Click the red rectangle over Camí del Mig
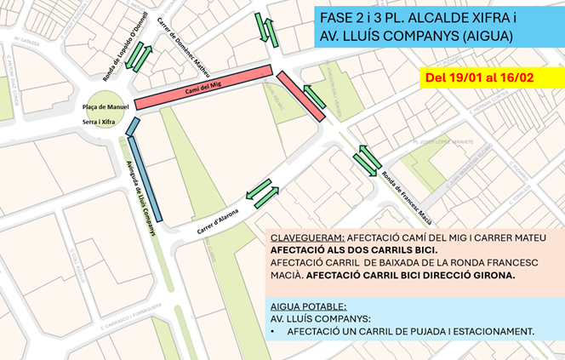pos(203,87)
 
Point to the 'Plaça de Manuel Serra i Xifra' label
pos(103,114)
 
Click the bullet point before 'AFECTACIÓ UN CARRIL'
pos(274,331)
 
